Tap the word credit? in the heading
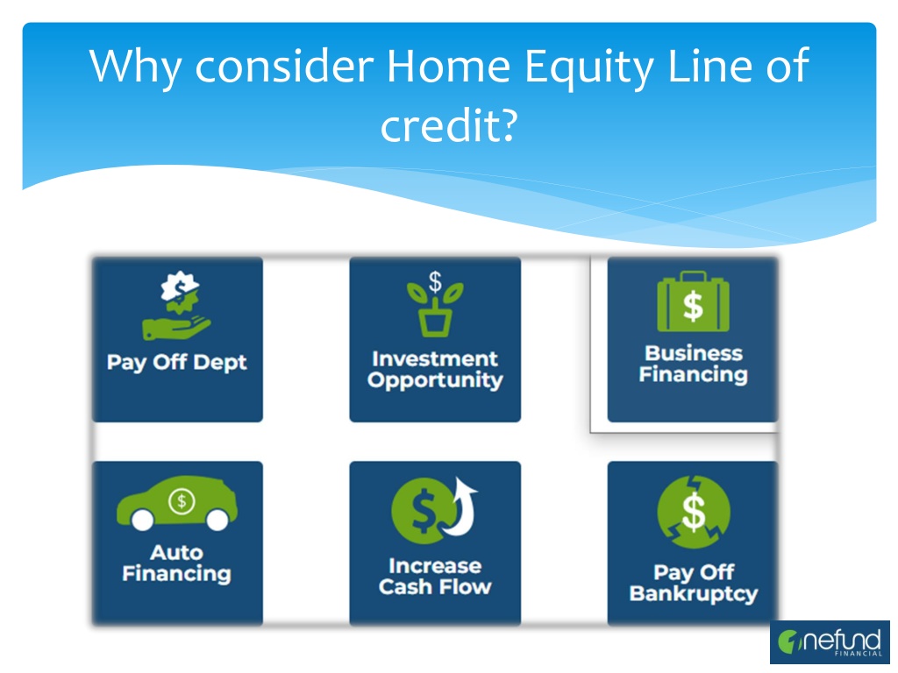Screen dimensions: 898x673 pos(449,125)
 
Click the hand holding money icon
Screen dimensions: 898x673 pos(177,306)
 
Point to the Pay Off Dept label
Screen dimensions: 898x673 pos(177,363)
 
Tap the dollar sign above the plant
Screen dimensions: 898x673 pos(435,281)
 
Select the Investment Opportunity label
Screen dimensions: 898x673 pos(435,370)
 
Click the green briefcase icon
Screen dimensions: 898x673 pos(693,302)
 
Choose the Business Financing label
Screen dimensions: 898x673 pos(694,364)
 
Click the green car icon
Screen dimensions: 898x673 pos(177,503)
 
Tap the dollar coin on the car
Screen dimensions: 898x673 pos(182,501)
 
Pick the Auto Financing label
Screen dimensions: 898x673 pos(177,563)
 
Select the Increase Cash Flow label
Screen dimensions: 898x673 pos(435,577)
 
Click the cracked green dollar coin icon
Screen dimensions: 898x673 pos(694,512)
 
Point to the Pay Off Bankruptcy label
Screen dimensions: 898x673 pos(694,583)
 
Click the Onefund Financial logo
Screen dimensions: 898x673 pos(830,642)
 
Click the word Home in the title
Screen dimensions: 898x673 pos(448,67)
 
